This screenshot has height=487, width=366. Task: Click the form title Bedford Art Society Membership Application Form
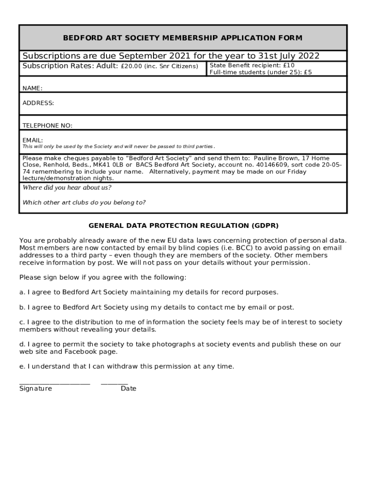(x=183, y=38)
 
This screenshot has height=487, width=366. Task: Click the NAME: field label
(x=32, y=88)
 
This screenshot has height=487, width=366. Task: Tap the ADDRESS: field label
(x=38, y=103)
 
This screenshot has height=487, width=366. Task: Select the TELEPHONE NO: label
(x=48, y=126)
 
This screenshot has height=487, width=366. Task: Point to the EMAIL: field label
(x=33, y=140)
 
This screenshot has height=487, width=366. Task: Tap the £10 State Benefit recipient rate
(x=289, y=65)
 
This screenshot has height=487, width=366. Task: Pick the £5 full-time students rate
(x=308, y=72)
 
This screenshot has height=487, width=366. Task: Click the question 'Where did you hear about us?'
(x=67, y=187)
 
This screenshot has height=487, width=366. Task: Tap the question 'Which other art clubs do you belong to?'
(x=84, y=203)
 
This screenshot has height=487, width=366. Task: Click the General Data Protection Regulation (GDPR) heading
(x=183, y=225)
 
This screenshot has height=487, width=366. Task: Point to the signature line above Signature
(x=54, y=383)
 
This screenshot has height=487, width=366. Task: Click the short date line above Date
(x=114, y=383)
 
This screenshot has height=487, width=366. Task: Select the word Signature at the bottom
(x=36, y=389)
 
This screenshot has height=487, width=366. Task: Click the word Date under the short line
(x=128, y=389)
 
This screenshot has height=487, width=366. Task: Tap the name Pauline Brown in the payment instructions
(x=276, y=158)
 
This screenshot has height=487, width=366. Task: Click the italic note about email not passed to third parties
(x=119, y=146)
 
